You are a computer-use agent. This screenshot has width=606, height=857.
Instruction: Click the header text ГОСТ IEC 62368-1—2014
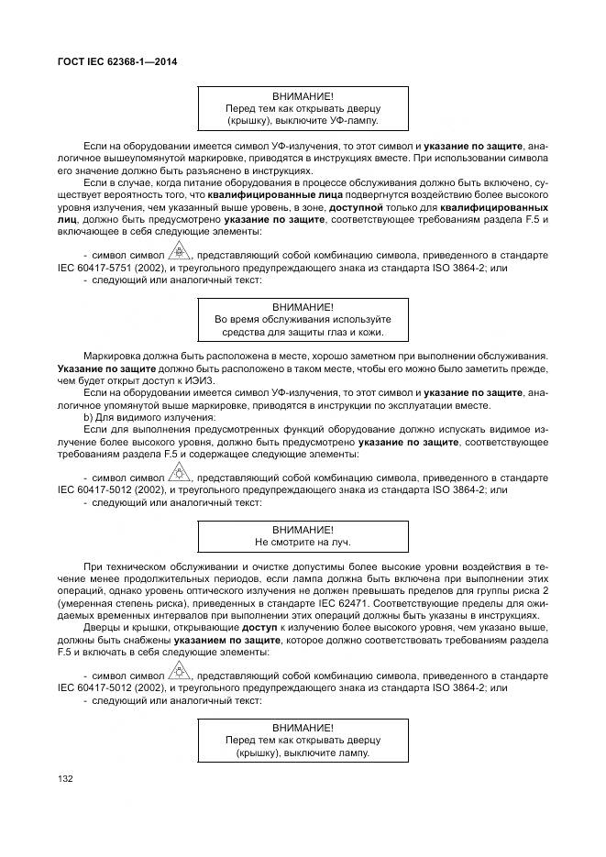[117, 61]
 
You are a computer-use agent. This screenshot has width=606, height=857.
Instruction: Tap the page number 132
[66, 778]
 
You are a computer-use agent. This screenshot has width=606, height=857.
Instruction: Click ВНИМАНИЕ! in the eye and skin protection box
[303, 306]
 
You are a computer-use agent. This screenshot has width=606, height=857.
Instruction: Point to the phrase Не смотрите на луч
[303, 543]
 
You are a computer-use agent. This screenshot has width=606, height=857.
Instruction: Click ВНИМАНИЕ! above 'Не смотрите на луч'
[303, 530]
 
